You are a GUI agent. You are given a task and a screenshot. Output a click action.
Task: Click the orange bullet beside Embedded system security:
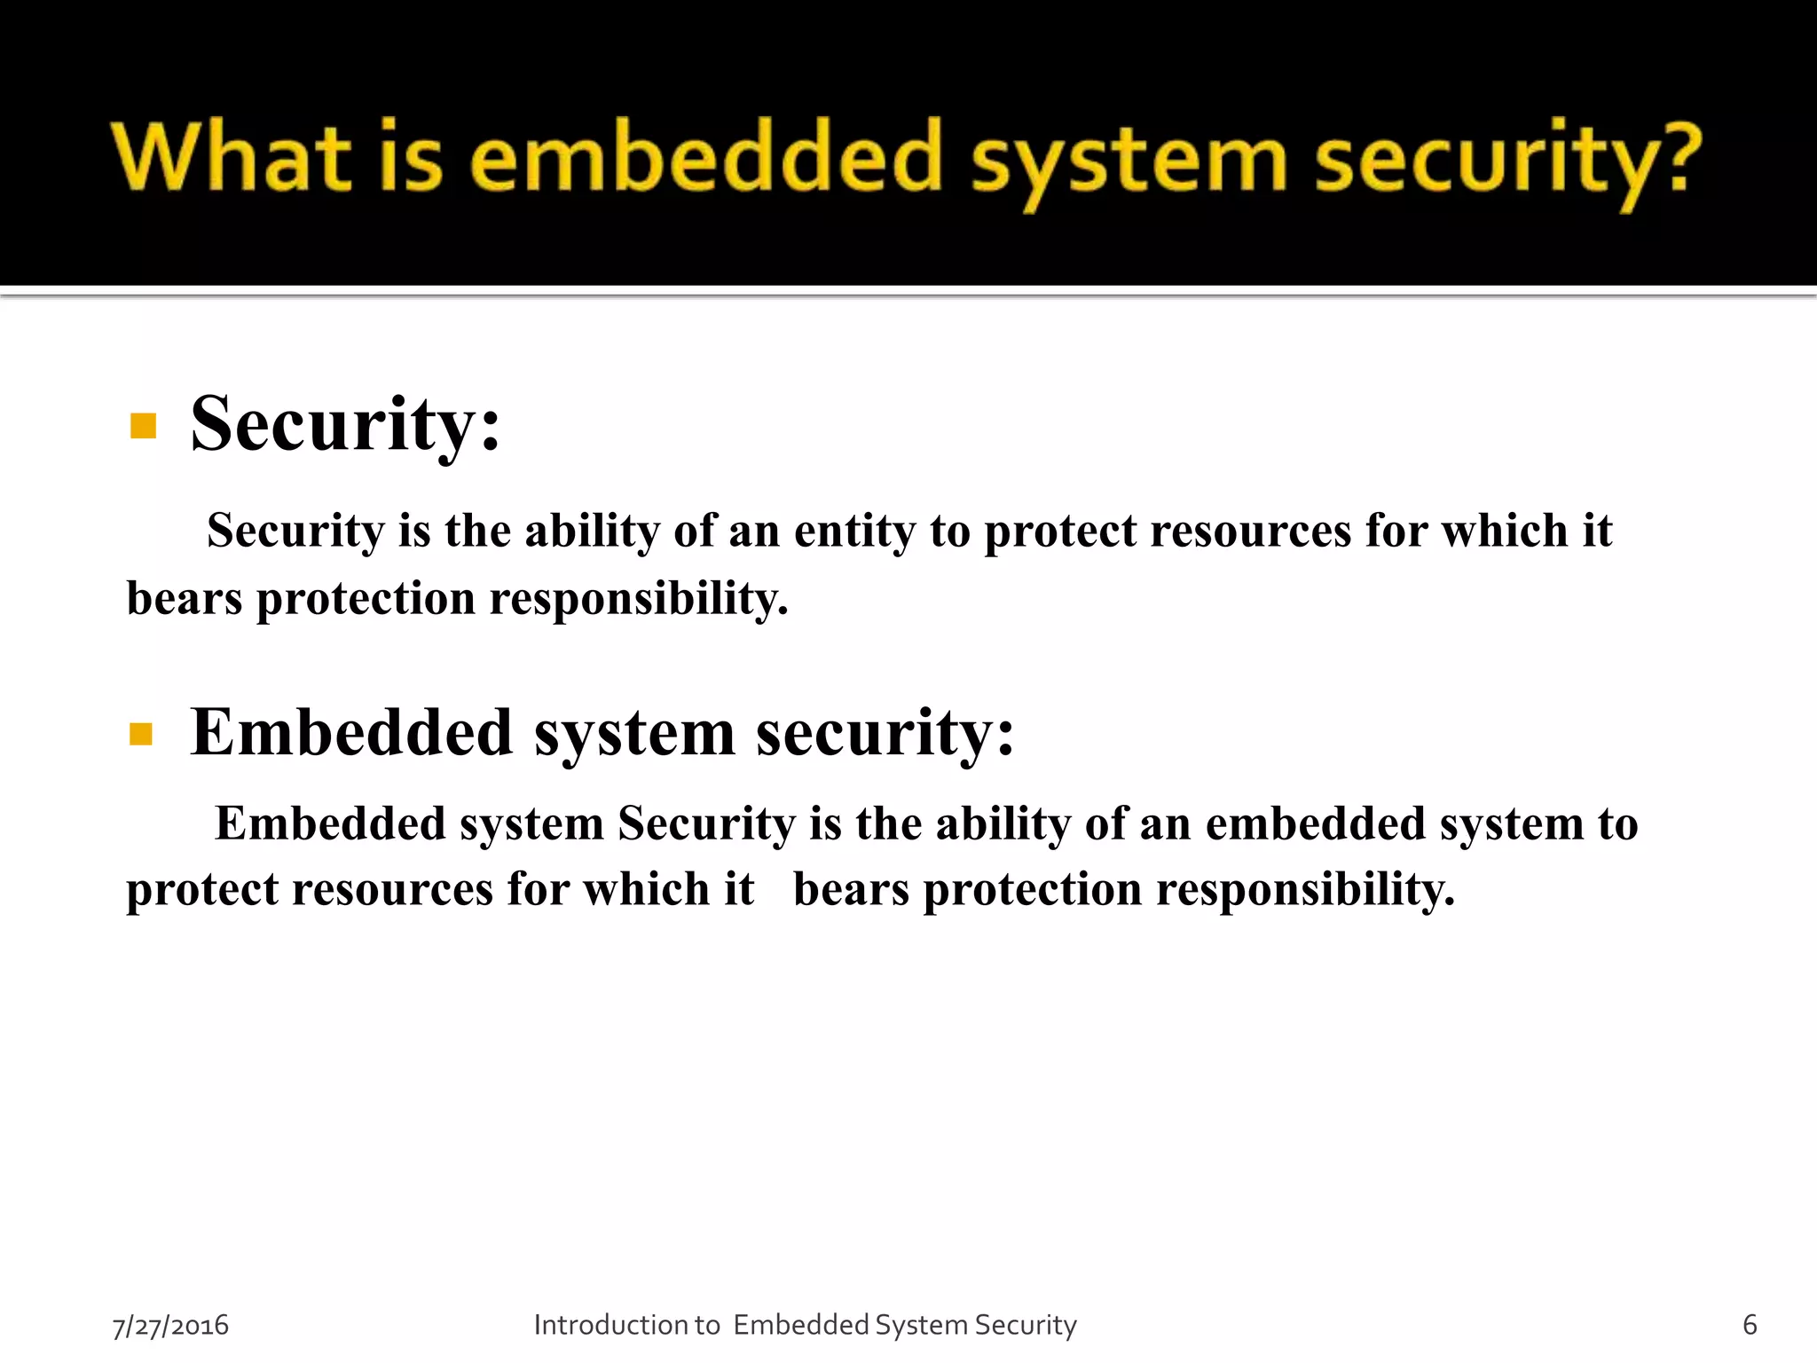point(141,734)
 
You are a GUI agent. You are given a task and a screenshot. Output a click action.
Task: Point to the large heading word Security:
point(345,424)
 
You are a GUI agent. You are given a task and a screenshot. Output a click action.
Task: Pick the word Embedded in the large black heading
point(351,733)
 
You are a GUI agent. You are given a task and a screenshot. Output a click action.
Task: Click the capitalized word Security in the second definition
point(706,823)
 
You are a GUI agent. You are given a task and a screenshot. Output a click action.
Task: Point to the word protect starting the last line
point(201,889)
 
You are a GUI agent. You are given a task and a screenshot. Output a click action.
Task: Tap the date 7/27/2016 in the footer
point(170,1325)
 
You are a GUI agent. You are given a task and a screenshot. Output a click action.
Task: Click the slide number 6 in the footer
point(1750,1324)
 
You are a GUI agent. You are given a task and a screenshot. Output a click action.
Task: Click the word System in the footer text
point(921,1325)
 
